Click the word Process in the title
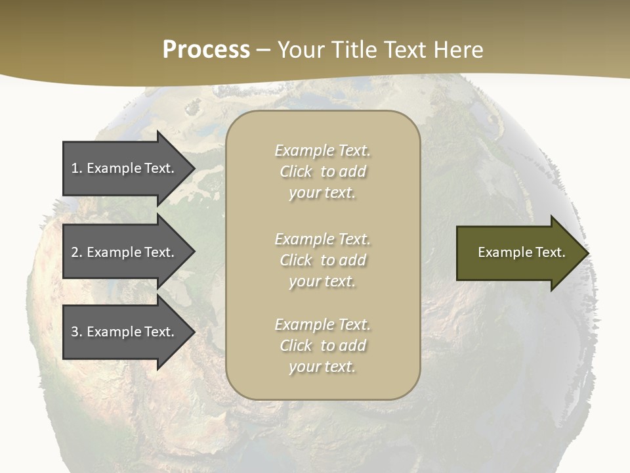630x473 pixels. click(x=206, y=50)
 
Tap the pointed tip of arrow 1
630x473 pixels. click(x=194, y=168)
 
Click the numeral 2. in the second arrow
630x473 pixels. click(x=76, y=252)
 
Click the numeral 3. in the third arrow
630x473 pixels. click(x=76, y=332)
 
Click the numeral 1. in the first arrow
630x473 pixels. click(x=76, y=168)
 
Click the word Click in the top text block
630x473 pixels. click(x=296, y=172)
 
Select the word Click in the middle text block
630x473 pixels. click(x=296, y=260)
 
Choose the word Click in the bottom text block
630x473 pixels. click(x=296, y=346)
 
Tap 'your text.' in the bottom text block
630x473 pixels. click(x=322, y=367)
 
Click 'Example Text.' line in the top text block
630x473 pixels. click(x=322, y=150)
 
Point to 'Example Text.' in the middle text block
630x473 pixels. click(x=322, y=238)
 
